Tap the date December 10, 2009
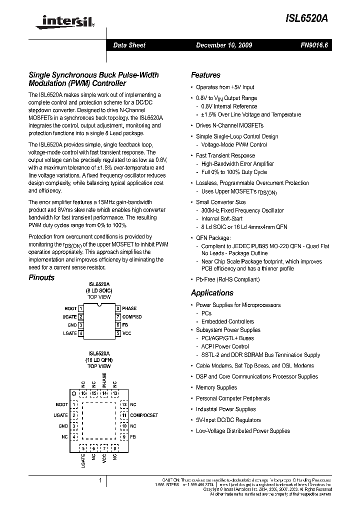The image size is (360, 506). tap(223, 45)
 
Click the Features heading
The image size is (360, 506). tap(205, 75)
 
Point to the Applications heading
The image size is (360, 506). tap(212, 293)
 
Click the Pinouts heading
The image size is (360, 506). tap(41, 277)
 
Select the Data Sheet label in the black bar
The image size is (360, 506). tap(129, 45)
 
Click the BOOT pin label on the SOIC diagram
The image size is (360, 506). tap(70, 308)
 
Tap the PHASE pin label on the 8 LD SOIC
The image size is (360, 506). tap(129, 308)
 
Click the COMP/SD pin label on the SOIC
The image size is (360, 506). tap(132, 316)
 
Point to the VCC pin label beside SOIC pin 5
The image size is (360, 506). tap(127, 333)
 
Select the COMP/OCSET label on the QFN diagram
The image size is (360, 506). tap(143, 415)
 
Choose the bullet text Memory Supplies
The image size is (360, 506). tap(216, 387)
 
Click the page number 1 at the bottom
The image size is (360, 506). tap(100, 481)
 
